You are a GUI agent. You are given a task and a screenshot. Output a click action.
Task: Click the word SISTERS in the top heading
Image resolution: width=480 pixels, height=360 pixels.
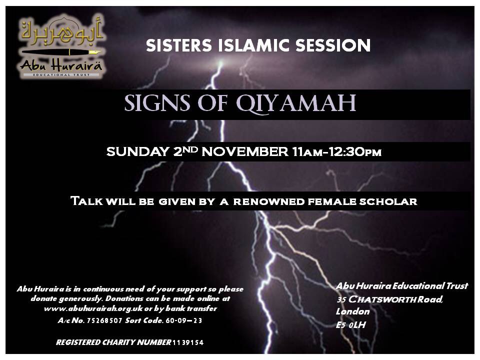point(179,45)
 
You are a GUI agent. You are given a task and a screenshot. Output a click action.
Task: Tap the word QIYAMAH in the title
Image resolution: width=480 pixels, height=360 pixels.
point(295,103)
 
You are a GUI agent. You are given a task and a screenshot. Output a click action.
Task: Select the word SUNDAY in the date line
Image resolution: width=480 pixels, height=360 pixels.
point(137,151)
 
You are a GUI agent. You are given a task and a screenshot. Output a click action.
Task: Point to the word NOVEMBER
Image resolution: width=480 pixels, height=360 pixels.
point(245,151)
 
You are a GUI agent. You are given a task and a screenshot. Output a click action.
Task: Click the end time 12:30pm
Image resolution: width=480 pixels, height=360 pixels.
point(355,152)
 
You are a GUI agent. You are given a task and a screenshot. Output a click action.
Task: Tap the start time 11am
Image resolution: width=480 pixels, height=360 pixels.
point(307,152)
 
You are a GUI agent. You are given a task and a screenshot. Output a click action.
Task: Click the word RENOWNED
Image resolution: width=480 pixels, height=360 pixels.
point(269,201)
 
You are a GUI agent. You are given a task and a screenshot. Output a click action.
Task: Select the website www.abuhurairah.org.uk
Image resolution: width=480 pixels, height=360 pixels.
point(93,308)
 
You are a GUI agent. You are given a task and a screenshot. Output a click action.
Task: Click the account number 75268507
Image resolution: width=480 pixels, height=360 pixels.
point(104,320)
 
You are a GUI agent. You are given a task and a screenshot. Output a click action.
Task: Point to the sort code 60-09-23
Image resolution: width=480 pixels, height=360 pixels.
point(183,320)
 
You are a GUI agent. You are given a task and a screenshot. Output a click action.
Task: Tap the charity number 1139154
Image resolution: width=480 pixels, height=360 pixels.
point(188,342)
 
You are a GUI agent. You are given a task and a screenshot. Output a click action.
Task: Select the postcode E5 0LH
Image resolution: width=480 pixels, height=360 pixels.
point(351,325)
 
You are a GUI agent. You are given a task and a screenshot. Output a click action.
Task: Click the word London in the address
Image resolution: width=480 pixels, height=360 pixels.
point(352,311)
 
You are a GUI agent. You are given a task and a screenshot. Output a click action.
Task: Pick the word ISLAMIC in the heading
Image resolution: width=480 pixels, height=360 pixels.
point(254,45)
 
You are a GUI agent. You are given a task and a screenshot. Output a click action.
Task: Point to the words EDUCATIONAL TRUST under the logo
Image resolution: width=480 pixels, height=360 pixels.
point(61,74)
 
